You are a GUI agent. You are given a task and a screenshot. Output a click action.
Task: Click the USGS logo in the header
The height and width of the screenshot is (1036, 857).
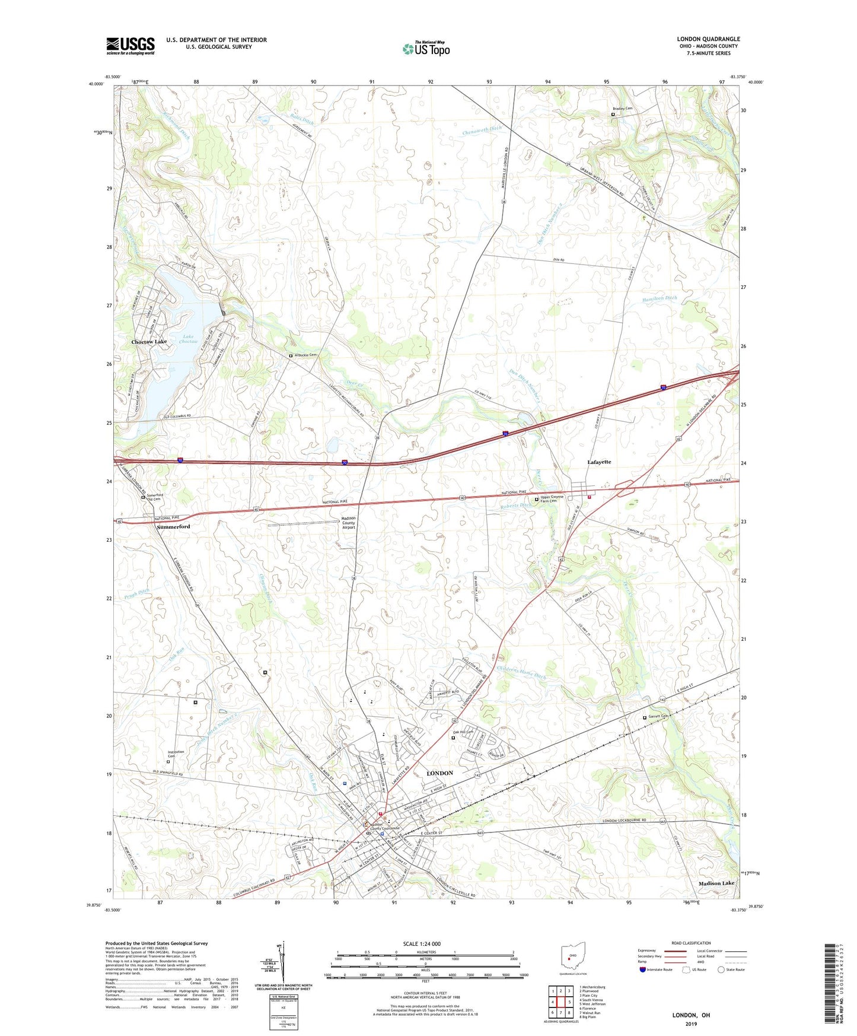coord(130,46)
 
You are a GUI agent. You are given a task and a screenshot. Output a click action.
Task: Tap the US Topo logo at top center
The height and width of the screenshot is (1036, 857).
coord(426,49)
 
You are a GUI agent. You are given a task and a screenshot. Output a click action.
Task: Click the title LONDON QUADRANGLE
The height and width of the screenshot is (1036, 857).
coord(708,39)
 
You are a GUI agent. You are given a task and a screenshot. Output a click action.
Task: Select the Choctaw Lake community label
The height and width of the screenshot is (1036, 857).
coord(149,342)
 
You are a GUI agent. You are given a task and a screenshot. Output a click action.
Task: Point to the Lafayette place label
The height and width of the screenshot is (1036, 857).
coord(598,462)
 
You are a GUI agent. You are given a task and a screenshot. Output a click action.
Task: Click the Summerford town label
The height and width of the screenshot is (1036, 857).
coord(173,526)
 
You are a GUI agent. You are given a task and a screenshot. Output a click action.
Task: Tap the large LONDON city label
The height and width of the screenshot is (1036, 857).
coord(439,773)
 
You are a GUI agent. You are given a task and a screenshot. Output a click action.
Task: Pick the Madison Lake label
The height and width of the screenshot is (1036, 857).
coord(716,884)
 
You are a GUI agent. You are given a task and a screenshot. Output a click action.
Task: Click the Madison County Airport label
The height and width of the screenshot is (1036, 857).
coord(348,523)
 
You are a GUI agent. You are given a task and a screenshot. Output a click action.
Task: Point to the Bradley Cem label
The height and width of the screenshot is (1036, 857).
coord(625,109)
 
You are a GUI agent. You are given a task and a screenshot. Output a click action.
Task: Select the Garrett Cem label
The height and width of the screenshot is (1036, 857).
coord(658,717)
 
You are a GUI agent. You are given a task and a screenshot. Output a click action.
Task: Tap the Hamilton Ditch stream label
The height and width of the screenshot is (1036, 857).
coord(659,298)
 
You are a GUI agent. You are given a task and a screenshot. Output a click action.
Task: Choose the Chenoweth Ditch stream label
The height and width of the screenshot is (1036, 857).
coord(482,130)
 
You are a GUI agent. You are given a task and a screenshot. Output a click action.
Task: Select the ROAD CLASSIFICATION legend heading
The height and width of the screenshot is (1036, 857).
coord(691,943)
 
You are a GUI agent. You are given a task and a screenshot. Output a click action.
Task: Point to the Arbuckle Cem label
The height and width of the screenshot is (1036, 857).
coord(305,355)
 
